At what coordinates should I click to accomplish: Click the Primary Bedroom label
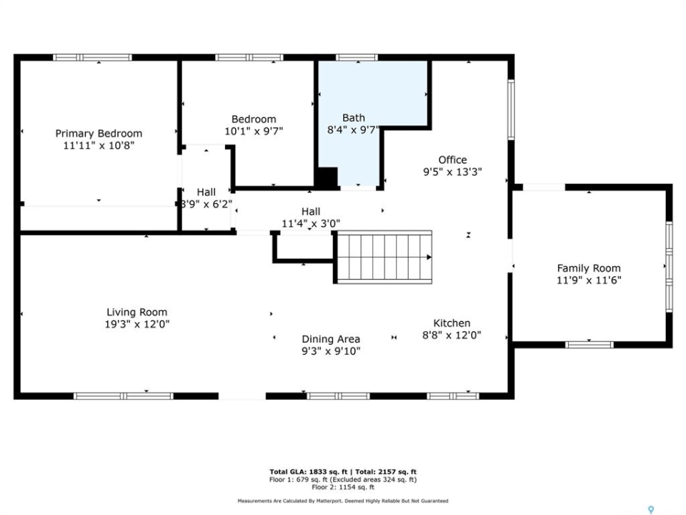[x=99, y=133]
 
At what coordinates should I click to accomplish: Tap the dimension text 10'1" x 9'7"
[x=254, y=131]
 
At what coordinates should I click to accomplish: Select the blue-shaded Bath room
[x=359, y=114]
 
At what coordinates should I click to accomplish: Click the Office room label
[x=452, y=160]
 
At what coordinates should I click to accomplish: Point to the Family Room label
[x=589, y=268]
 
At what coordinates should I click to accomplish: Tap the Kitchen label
[x=452, y=323]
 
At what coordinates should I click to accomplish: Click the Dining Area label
[x=331, y=339]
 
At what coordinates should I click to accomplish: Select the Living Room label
[x=137, y=313]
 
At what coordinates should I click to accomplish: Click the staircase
[x=384, y=257]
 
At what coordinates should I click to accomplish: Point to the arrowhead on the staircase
[x=429, y=257]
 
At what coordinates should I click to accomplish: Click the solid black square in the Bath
[x=327, y=177]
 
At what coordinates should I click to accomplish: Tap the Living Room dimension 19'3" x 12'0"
[x=137, y=324]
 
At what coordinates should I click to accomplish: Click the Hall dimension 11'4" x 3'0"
[x=311, y=223]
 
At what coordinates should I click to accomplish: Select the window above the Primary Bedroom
[x=92, y=57]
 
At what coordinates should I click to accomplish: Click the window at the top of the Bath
[x=357, y=57]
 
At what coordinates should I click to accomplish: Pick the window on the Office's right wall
[x=511, y=109]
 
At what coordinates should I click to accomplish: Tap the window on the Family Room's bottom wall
[x=590, y=345]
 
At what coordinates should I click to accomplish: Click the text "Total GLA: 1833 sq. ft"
[x=309, y=471]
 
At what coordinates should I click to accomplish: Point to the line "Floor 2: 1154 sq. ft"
[x=343, y=487]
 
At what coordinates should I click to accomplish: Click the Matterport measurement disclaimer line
[x=343, y=501]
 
